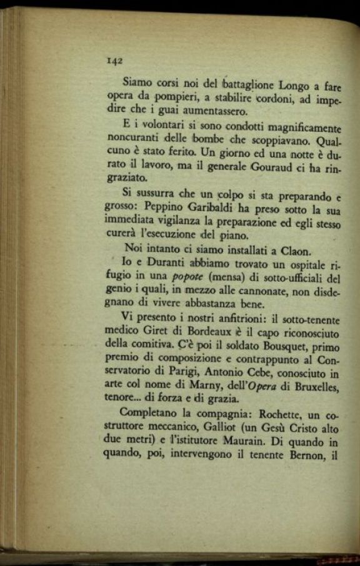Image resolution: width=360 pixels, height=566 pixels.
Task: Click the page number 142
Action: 114,61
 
